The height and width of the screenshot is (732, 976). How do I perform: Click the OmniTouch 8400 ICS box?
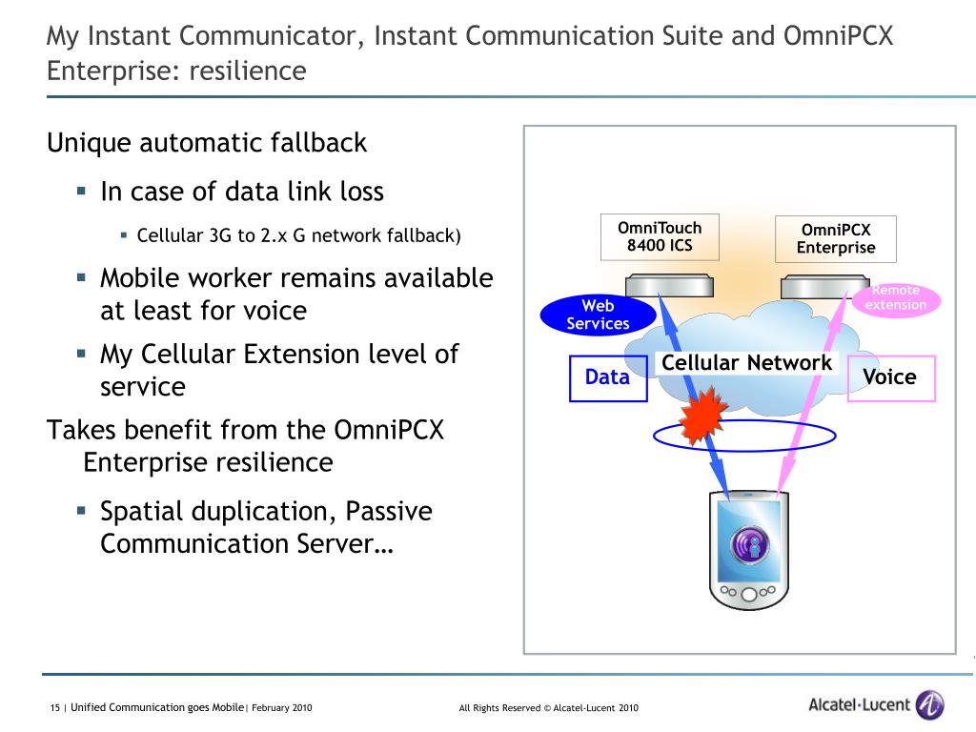[x=659, y=237]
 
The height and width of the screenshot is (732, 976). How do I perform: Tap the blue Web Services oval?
[x=598, y=315]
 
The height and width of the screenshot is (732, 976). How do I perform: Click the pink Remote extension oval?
[x=896, y=298]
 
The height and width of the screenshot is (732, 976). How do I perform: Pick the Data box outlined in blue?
[x=608, y=377]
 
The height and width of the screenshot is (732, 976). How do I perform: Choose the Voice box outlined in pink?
[x=890, y=377]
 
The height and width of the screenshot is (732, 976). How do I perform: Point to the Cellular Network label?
[x=746, y=363]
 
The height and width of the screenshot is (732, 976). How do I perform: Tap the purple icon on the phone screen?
[x=749, y=546]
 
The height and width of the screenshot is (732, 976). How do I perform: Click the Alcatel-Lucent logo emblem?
[x=929, y=705]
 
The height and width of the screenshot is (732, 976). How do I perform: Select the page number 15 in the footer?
[x=54, y=707]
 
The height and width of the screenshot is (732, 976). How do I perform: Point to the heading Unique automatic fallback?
[x=207, y=143]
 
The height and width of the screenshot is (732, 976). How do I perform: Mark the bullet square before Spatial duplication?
[x=82, y=510]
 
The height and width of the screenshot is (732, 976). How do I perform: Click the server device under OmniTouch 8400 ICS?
[x=666, y=286]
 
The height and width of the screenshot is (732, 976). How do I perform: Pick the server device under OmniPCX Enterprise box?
[x=823, y=286]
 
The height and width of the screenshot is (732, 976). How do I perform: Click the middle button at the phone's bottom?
[x=749, y=593]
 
